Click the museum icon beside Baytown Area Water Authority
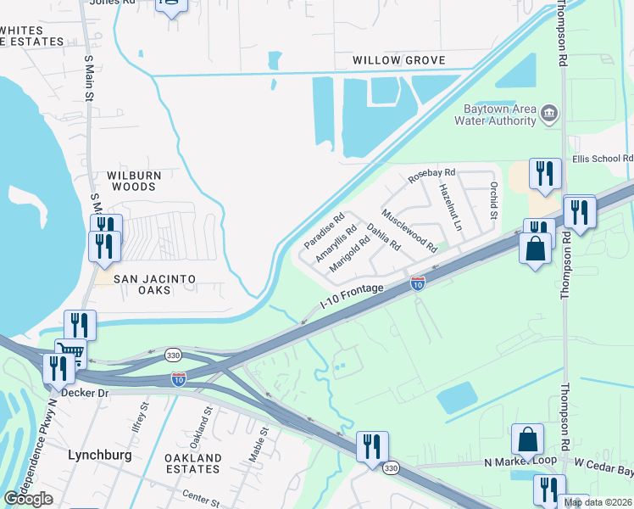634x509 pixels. point(549,113)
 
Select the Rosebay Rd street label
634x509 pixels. point(431,176)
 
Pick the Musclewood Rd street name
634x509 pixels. point(409,231)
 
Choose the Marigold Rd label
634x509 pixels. point(350,253)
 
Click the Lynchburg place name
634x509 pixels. point(99,455)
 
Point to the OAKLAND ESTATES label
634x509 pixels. point(192,464)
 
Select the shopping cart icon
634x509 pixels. point(71,354)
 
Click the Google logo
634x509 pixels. point(28,499)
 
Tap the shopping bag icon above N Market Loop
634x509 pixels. point(527,439)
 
